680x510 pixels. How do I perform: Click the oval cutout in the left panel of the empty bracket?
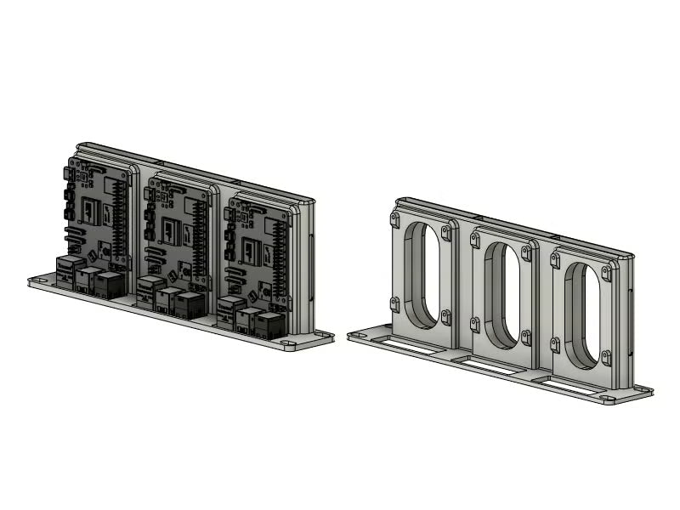pos(422,275)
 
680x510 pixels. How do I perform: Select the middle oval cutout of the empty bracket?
pos(502,295)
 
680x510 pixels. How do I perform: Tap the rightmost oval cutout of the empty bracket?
pos(581,315)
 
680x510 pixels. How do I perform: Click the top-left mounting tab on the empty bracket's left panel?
pos(395,219)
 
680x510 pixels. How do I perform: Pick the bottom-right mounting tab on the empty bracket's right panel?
pos(606,356)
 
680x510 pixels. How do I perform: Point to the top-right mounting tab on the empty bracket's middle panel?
pos(526,253)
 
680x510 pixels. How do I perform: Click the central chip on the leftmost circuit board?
pos(90,209)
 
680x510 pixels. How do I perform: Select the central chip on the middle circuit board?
pos(171,230)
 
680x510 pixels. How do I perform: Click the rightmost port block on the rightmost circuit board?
pos(268,326)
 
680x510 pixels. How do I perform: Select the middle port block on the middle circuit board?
pos(168,299)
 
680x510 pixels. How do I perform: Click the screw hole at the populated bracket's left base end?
pos(39,279)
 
